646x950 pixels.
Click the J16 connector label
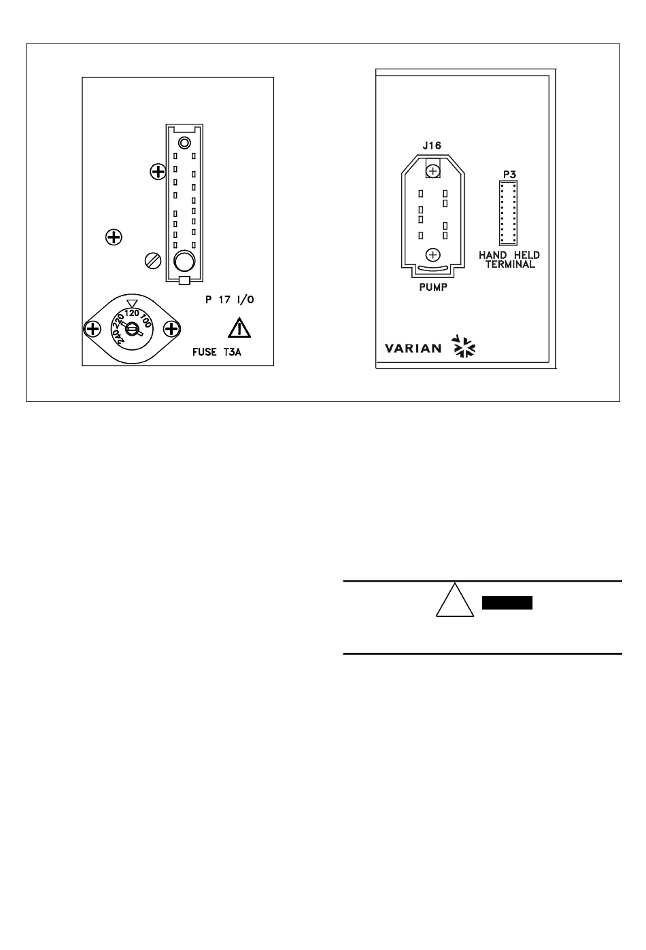click(x=431, y=145)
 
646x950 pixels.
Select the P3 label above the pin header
click(x=509, y=174)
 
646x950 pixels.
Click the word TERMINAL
click(x=509, y=264)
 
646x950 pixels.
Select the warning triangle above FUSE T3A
click(x=239, y=328)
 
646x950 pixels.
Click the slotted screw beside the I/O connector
click(x=154, y=260)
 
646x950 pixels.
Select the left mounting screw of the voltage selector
click(x=91, y=330)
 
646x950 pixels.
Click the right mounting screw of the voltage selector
click(x=171, y=330)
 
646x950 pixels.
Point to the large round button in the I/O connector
click(x=184, y=260)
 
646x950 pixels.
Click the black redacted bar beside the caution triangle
click(x=507, y=603)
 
